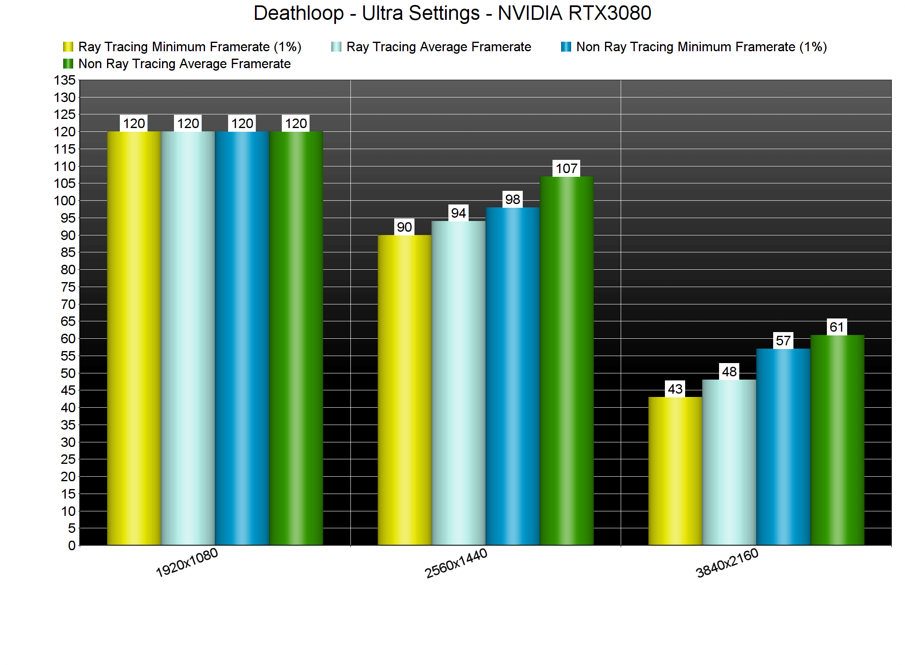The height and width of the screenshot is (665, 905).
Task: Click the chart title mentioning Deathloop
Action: click(452, 13)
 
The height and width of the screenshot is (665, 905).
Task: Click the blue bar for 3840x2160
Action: click(783, 446)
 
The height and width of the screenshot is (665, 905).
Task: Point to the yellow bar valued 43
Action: click(675, 470)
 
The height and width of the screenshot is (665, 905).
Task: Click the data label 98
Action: click(512, 199)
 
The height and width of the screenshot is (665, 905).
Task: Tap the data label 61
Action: click(837, 327)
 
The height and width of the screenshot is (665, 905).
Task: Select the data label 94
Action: click(458, 213)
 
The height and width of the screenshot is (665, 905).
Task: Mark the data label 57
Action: click(783, 341)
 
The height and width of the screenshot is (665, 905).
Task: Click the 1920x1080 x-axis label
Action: click(187, 562)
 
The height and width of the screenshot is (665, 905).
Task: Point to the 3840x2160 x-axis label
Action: click(727, 563)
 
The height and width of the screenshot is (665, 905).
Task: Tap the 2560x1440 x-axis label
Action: click(456, 563)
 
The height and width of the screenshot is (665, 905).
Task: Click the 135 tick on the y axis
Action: click(65, 80)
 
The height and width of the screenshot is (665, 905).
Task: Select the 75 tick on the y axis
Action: click(68, 287)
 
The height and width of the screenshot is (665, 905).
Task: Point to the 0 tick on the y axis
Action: click(71, 546)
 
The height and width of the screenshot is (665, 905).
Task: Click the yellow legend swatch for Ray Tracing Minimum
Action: click(68, 47)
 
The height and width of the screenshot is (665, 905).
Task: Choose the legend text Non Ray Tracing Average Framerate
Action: click(184, 64)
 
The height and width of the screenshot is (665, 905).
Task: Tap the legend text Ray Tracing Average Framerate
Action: click(438, 47)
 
